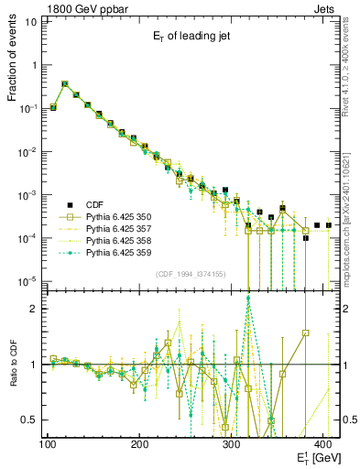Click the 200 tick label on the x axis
coord(139,444)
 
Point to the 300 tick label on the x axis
coord(232,444)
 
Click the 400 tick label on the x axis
coord(323,444)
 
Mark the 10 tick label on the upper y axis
coord(30,21)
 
